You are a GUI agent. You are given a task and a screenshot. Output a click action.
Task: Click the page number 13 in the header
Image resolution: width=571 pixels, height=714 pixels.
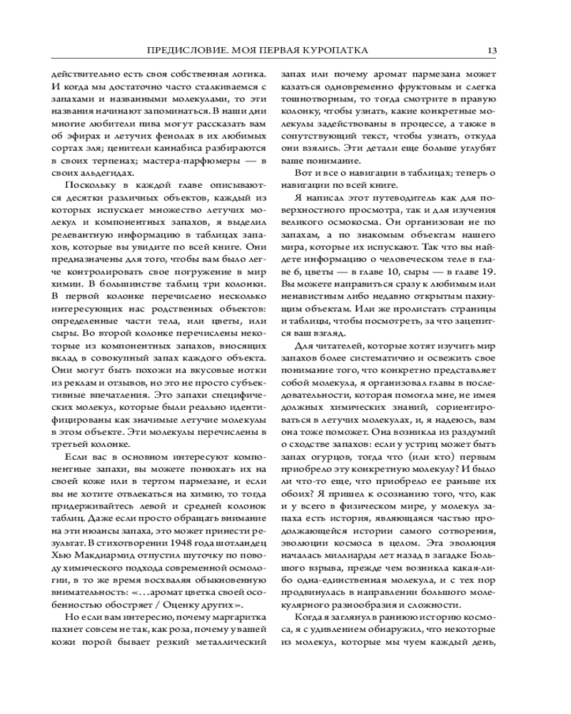coord(492,51)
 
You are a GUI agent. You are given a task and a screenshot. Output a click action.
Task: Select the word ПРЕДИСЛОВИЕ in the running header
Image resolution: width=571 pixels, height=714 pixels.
coord(181,51)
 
